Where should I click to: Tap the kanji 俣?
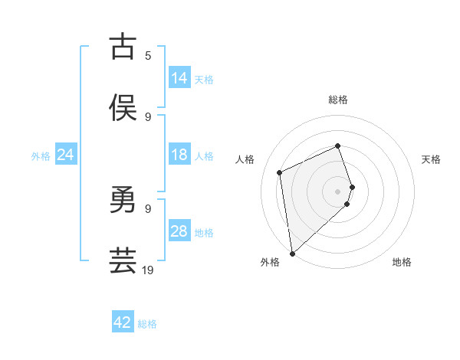pyautogui.click(x=123, y=107)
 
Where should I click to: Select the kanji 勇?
pyautogui.click(x=123, y=201)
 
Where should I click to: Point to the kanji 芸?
pyautogui.click(x=123, y=260)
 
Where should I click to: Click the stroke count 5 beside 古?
pyautogui.click(x=148, y=55)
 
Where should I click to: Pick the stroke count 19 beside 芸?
pyautogui.click(x=148, y=270)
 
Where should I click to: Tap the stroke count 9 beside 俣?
pyautogui.click(x=148, y=116)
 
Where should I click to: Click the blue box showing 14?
pyautogui.click(x=179, y=77)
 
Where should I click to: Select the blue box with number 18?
pyautogui.click(x=179, y=155)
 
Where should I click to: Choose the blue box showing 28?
pyautogui.click(x=179, y=231)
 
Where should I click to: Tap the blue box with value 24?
pyautogui.click(x=65, y=155)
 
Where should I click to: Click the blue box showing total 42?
pyautogui.click(x=123, y=322)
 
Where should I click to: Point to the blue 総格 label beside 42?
pyautogui.click(x=147, y=324)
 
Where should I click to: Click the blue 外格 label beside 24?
pyautogui.click(x=41, y=155)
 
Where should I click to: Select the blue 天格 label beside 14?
pyautogui.click(x=204, y=79)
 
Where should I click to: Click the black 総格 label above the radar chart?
pyautogui.click(x=338, y=100)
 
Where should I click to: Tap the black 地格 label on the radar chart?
pyautogui.click(x=402, y=262)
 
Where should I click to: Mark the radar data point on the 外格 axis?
pyautogui.click(x=292, y=253)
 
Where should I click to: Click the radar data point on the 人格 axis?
pyautogui.click(x=280, y=172)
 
